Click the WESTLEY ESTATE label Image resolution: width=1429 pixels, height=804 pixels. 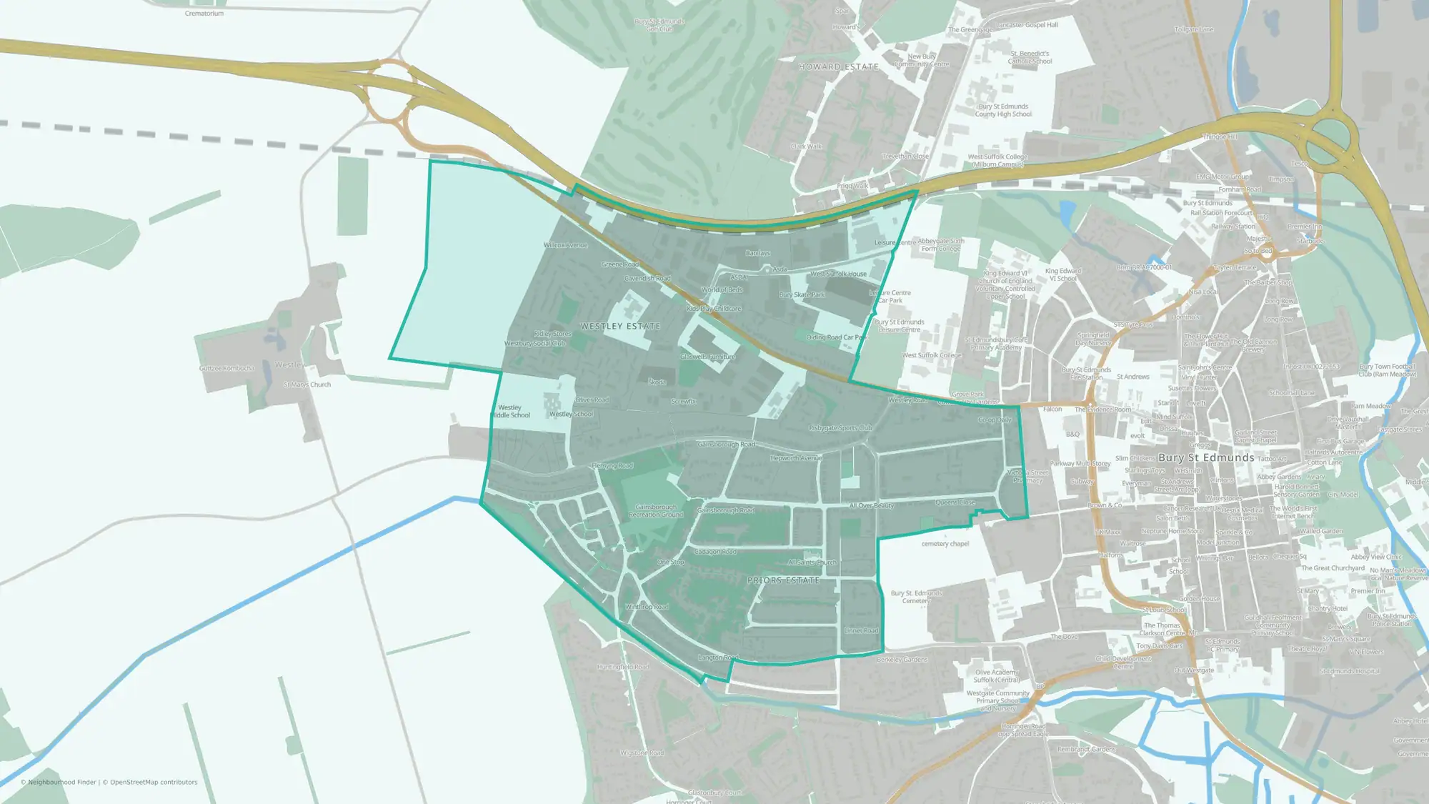tap(620, 327)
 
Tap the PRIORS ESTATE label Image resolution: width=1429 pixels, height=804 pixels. tap(783, 580)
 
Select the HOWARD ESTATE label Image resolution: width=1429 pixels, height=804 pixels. tap(838, 66)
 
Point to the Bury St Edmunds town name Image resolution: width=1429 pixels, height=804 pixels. tap(1206, 457)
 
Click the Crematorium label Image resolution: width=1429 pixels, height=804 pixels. tap(204, 14)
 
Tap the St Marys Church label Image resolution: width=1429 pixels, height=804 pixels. tap(307, 384)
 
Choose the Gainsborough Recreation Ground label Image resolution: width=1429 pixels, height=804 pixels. tap(656, 511)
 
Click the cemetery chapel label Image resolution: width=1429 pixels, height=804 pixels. tap(945, 544)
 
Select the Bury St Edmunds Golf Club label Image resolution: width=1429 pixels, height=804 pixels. tap(659, 25)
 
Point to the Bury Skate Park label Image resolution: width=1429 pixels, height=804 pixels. tap(802, 294)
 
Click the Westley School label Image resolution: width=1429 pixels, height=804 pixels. tap(571, 414)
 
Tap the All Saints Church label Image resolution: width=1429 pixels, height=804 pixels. tap(812, 562)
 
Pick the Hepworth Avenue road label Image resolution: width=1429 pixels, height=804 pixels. tap(796, 458)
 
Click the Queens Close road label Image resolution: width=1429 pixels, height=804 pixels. tap(955, 502)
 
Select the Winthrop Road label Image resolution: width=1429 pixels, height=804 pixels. tap(647, 607)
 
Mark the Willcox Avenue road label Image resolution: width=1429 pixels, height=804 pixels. tap(565, 245)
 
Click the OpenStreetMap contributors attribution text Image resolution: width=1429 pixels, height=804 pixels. tap(154, 782)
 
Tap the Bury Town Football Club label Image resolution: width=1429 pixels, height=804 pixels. tap(1387, 370)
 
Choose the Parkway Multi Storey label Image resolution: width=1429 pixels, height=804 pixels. tap(1080, 464)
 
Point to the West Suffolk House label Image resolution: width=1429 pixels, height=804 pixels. tap(838, 274)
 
